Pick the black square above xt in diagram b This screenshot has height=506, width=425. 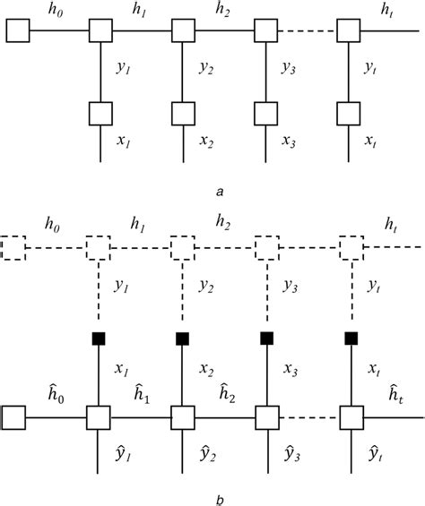pos(351,338)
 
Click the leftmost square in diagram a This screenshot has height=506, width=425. pos(16,33)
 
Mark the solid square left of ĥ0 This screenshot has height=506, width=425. pos(14,417)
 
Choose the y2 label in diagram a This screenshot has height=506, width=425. pos(207,68)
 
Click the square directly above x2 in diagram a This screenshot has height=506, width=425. pos(183,114)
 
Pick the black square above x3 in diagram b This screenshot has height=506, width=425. pos(266,338)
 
